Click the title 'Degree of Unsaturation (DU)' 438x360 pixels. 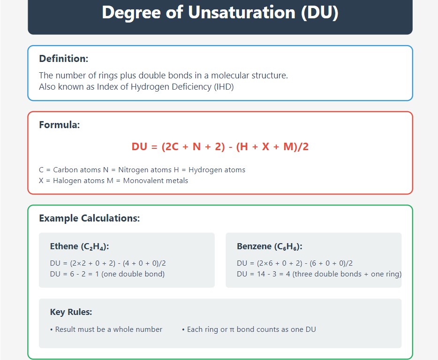[x=220, y=13]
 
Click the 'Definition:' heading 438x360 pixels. [x=63, y=59]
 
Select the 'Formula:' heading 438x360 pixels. [x=60, y=125]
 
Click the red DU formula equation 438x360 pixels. [x=220, y=147]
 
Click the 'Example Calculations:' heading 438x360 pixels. [x=89, y=218]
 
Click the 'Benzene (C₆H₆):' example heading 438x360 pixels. [x=269, y=246]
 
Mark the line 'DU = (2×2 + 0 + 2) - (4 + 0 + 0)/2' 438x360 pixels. [x=108, y=263]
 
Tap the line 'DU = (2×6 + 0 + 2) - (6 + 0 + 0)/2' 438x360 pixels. [x=295, y=263]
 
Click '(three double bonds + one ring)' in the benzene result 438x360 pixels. [x=347, y=274]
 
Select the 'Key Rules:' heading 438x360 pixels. [x=71, y=312]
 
